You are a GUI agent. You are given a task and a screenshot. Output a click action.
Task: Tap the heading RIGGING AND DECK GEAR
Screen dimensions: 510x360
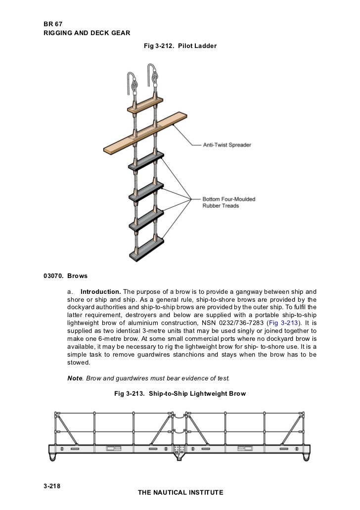(x=87, y=33)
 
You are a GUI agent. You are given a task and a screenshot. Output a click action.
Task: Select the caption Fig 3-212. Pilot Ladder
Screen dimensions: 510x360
(x=180, y=46)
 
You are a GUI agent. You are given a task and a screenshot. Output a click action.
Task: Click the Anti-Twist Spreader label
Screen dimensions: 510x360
(x=227, y=145)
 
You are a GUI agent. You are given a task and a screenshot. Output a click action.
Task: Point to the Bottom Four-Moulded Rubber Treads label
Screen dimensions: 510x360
(x=228, y=202)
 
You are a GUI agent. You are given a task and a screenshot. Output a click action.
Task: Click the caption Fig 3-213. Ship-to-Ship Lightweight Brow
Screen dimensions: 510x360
(x=180, y=394)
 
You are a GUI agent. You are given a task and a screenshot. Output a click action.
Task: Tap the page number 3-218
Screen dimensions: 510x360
(x=53, y=485)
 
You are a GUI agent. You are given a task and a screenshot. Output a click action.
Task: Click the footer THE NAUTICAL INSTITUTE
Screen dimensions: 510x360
(x=180, y=493)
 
